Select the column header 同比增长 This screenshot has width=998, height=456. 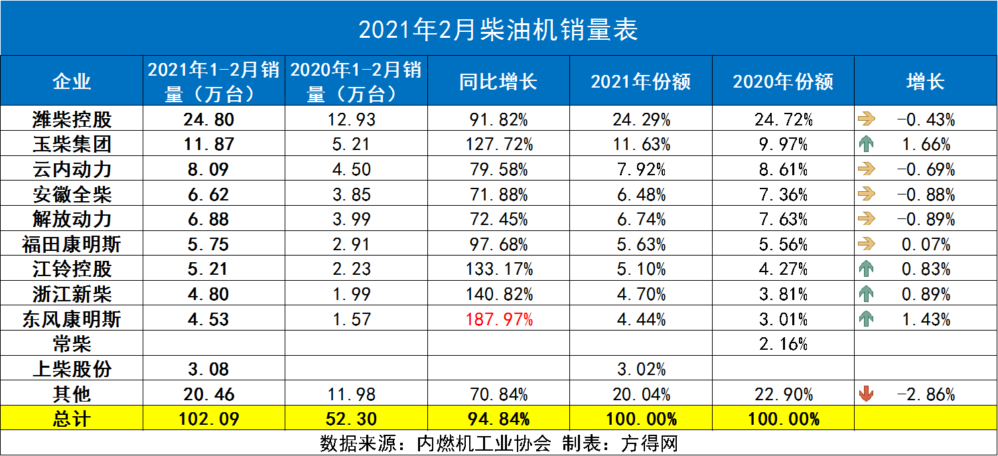point(498,82)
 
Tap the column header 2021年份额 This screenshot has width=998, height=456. point(640,82)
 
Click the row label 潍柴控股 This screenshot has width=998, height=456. point(72,120)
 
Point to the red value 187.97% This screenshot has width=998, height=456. point(498,320)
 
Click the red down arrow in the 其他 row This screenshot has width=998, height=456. point(866,395)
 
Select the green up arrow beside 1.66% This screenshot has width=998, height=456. point(866,145)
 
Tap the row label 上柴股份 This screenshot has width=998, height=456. point(72,370)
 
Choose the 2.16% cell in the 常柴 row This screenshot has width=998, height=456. point(783,344)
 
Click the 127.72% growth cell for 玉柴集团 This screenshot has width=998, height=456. point(498,145)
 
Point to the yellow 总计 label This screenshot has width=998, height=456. point(72,419)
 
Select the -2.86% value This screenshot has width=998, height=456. point(926,395)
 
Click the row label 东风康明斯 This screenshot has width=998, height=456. point(72,320)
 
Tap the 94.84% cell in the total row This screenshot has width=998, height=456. point(498,419)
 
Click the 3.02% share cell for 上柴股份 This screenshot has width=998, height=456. point(640,370)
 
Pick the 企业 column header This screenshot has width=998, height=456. point(72,82)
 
